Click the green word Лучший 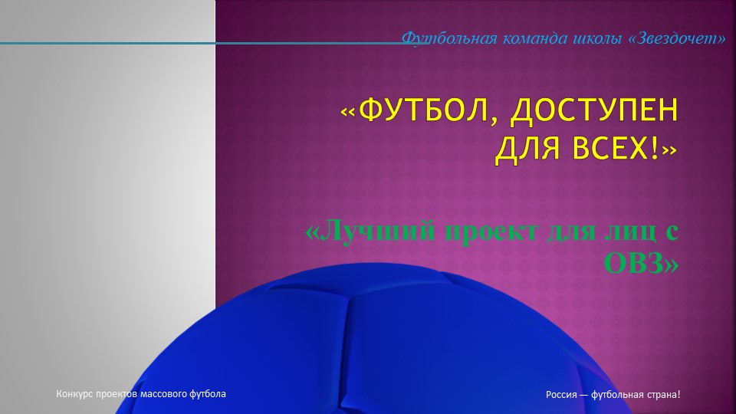tap(371, 230)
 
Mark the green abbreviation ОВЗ tap(640, 263)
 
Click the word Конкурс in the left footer tap(75, 394)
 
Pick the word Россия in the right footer tap(562, 395)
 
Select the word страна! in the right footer tap(663, 395)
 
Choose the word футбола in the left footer tap(208, 394)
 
